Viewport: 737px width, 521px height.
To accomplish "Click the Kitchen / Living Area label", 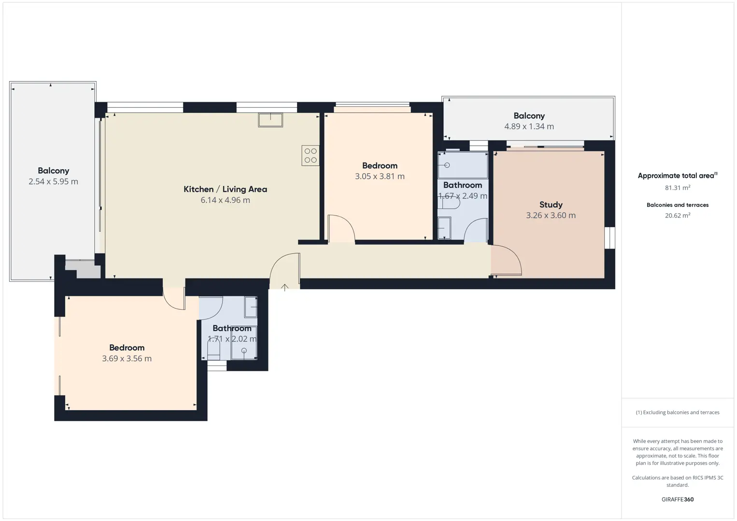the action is coord(226,189).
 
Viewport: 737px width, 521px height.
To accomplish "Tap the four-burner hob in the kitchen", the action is coord(310,155).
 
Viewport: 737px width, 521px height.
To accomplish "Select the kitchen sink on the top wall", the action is coord(270,120).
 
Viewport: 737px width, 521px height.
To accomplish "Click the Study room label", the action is coord(551,205).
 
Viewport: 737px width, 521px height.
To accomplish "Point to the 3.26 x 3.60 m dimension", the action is coord(551,215).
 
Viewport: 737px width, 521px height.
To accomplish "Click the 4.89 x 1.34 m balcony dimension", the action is coord(529,126).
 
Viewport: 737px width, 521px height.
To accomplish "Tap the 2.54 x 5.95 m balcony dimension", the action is coord(53,181).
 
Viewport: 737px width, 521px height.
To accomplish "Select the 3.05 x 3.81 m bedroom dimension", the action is coord(380,176).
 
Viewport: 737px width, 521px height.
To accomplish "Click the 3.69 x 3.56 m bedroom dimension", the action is coord(127,358).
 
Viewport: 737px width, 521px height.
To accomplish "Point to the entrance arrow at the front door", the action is coord(284,288).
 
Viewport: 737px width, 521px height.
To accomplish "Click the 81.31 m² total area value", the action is coord(678,188).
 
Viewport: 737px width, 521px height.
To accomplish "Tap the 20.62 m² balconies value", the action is coord(678,215).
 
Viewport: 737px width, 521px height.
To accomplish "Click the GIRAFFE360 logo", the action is coord(678,499).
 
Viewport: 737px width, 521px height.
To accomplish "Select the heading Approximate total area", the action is coord(678,176).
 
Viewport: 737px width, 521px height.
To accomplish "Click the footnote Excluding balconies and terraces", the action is coord(681,412).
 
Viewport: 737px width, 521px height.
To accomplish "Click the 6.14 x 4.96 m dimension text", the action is coord(226,200).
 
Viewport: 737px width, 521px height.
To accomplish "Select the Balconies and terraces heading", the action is coord(678,205).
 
